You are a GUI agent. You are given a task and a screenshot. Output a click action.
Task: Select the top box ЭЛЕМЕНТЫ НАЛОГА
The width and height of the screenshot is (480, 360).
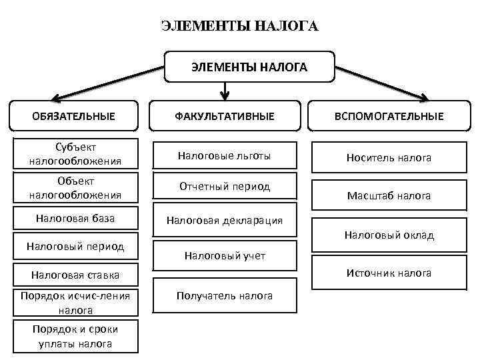(249, 67)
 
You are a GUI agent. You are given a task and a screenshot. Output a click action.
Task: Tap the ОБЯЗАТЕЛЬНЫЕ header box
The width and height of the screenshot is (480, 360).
(73, 116)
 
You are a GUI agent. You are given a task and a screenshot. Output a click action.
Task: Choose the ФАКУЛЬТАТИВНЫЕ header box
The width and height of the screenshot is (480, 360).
(225, 116)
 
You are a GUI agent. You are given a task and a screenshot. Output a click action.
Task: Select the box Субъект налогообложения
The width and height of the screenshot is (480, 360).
(75, 154)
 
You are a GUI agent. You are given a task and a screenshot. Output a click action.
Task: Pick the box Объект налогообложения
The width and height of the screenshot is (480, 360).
(75, 188)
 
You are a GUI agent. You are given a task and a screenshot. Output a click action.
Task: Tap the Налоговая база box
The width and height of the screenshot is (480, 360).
(75, 219)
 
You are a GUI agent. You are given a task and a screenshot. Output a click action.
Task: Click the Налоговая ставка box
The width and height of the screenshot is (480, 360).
(75, 274)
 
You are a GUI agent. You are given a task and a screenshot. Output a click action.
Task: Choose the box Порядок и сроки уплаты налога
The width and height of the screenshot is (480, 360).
(75, 337)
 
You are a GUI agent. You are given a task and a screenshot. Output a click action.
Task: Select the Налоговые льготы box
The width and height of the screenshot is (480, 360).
(224, 155)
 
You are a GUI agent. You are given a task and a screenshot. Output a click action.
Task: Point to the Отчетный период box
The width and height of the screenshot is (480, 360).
(224, 187)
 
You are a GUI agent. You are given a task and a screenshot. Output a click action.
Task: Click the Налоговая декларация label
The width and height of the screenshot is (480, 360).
(224, 220)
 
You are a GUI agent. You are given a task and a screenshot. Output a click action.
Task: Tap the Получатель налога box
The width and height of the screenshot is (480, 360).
(224, 295)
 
